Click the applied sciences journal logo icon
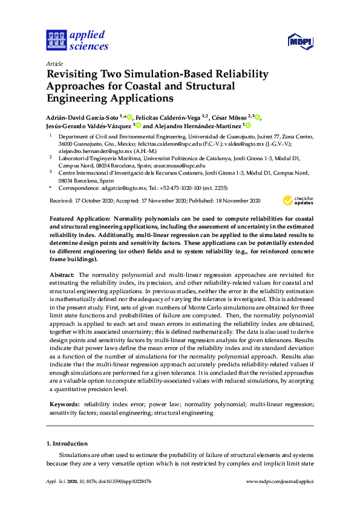(x=56, y=41)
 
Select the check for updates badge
(x=298, y=202)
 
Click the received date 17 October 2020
(x=91, y=201)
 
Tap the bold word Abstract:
(x=62, y=275)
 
